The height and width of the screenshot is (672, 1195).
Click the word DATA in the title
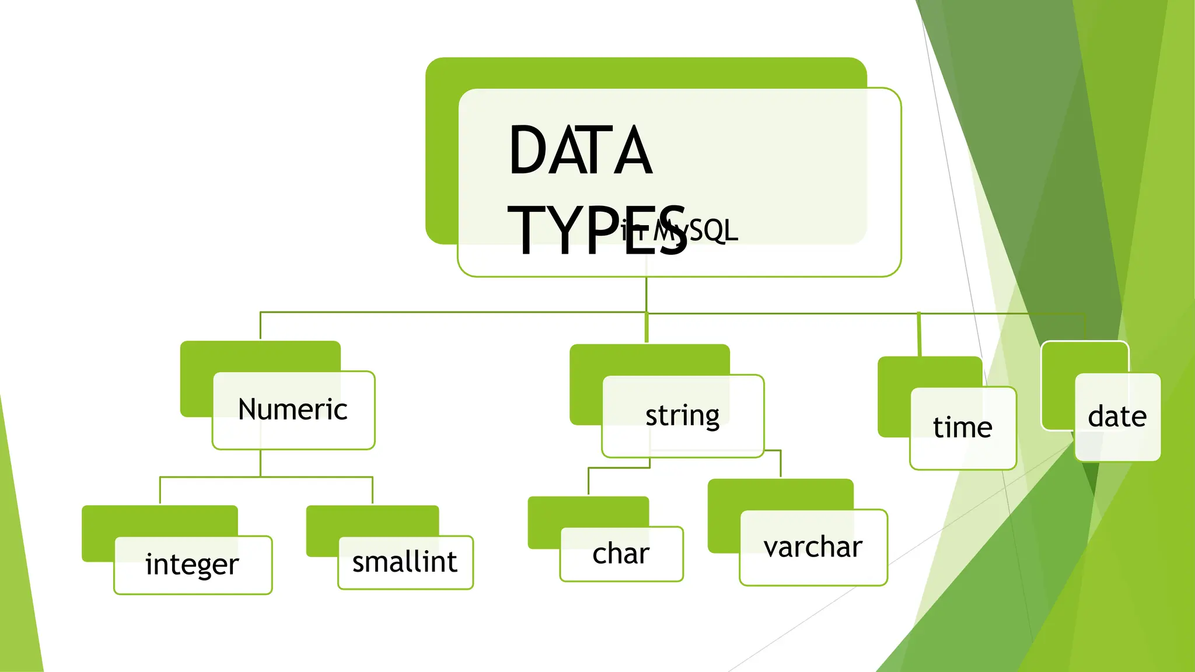click(580, 150)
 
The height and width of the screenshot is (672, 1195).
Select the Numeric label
click(293, 409)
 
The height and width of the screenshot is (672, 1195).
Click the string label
click(682, 416)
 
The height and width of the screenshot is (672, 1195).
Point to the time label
click(963, 428)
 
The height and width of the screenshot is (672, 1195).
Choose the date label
click(1117, 416)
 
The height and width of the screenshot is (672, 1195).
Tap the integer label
click(192, 564)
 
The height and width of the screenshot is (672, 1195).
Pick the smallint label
click(405, 562)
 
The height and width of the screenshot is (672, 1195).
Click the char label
click(621, 554)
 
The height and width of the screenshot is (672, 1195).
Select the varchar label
click(813, 547)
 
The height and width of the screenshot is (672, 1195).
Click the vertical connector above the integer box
click(160, 491)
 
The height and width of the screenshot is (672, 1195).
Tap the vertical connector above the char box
click(588, 481)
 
